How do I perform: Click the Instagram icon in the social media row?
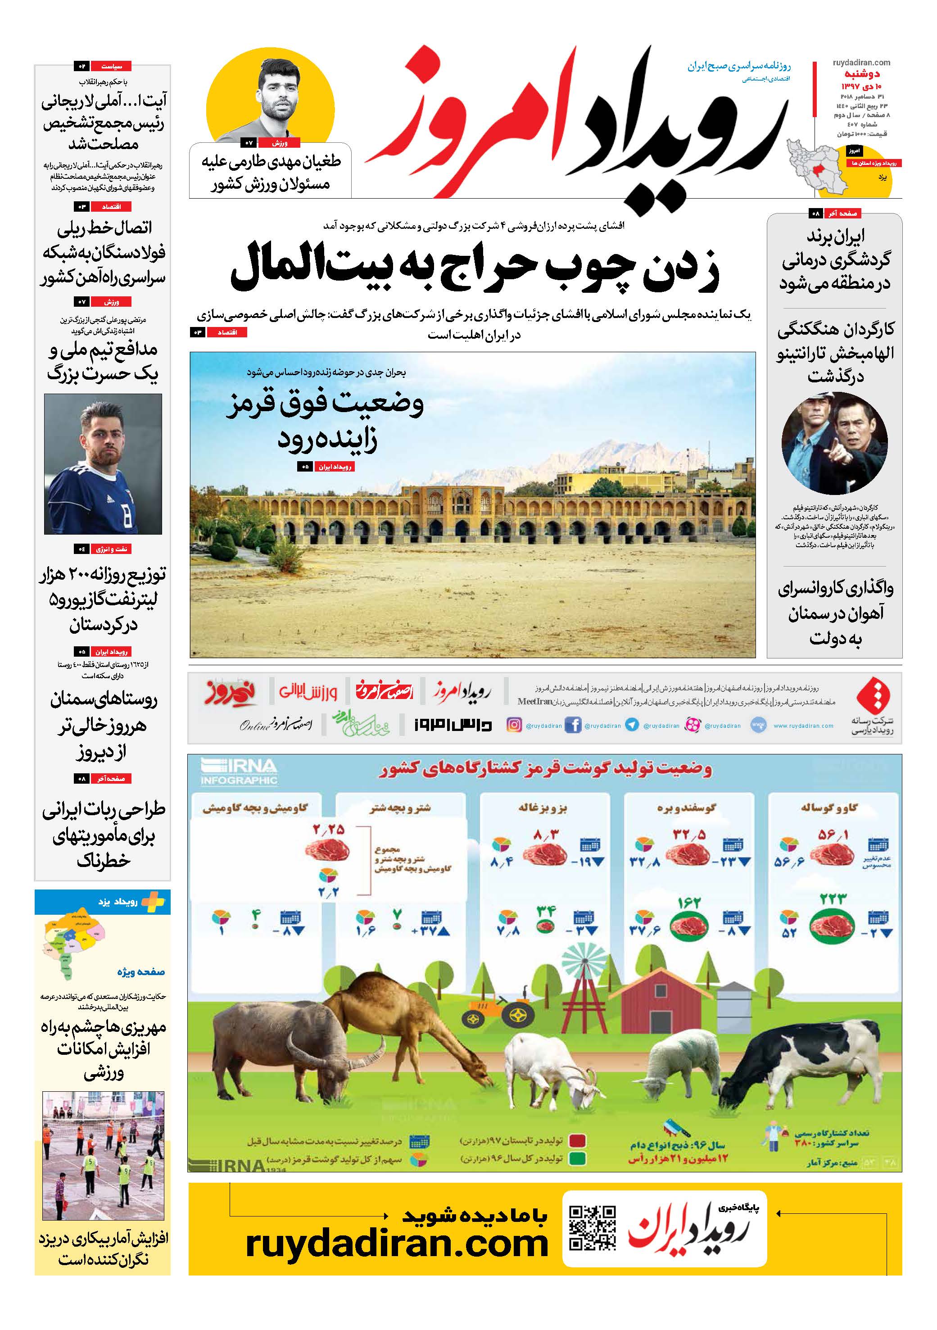pyautogui.click(x=514, y=725)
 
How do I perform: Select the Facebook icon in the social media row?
pyautogui.click(x=572, y=725)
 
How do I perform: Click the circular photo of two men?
pyautogui.click(x=834, y=443)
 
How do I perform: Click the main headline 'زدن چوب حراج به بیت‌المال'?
pyautogui.click(x=475, y=268)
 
